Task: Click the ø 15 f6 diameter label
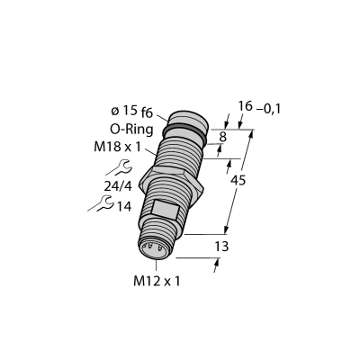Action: point(131,112)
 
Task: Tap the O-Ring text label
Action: point(131,130)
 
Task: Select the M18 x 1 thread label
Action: point(117,147)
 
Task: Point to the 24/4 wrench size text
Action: point(118,186)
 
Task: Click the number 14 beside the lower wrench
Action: point(124,206)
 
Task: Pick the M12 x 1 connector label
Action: point(157,281)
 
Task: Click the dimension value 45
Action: point(238,180)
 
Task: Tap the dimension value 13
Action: point(221,247)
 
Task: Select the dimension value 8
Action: point(222,137)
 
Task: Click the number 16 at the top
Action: point(245,106)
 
